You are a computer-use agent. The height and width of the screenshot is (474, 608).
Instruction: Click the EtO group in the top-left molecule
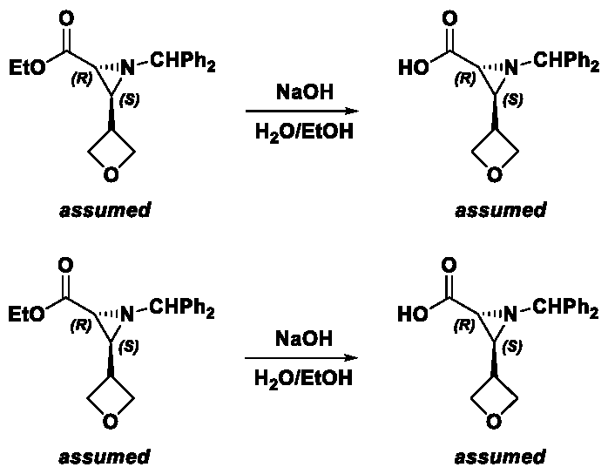27,67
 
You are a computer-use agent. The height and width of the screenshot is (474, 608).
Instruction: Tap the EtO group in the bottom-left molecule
26,314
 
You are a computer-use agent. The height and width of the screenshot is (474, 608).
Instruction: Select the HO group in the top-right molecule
414,68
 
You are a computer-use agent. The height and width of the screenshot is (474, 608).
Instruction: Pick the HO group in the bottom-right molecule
414,315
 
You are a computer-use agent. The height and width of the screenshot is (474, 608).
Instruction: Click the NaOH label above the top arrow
305,92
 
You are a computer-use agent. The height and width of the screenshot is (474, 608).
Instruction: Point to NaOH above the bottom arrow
304,338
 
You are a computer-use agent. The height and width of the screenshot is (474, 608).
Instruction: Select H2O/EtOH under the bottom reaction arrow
304,378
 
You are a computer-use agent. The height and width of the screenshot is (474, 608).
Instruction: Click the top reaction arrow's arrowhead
354,112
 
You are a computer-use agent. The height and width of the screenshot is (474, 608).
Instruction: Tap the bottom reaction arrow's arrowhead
354,358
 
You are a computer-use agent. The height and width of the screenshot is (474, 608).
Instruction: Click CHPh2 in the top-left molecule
182,61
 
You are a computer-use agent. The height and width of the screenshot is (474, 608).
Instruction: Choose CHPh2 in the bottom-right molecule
565,308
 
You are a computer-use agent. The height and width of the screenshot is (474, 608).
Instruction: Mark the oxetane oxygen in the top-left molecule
111,174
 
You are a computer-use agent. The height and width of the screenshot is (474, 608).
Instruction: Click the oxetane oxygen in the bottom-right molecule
494,421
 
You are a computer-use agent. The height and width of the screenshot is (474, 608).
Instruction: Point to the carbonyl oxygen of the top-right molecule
449,18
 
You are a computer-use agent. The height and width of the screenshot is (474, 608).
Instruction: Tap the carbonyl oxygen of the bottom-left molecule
65,265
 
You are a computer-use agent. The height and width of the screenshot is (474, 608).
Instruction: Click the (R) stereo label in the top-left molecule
82,79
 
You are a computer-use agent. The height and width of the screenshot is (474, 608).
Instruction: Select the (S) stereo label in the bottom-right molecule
512,347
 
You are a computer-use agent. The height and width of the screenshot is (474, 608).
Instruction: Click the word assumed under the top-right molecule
501,210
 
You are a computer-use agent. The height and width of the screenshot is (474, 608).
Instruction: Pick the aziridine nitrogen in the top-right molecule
511,68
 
